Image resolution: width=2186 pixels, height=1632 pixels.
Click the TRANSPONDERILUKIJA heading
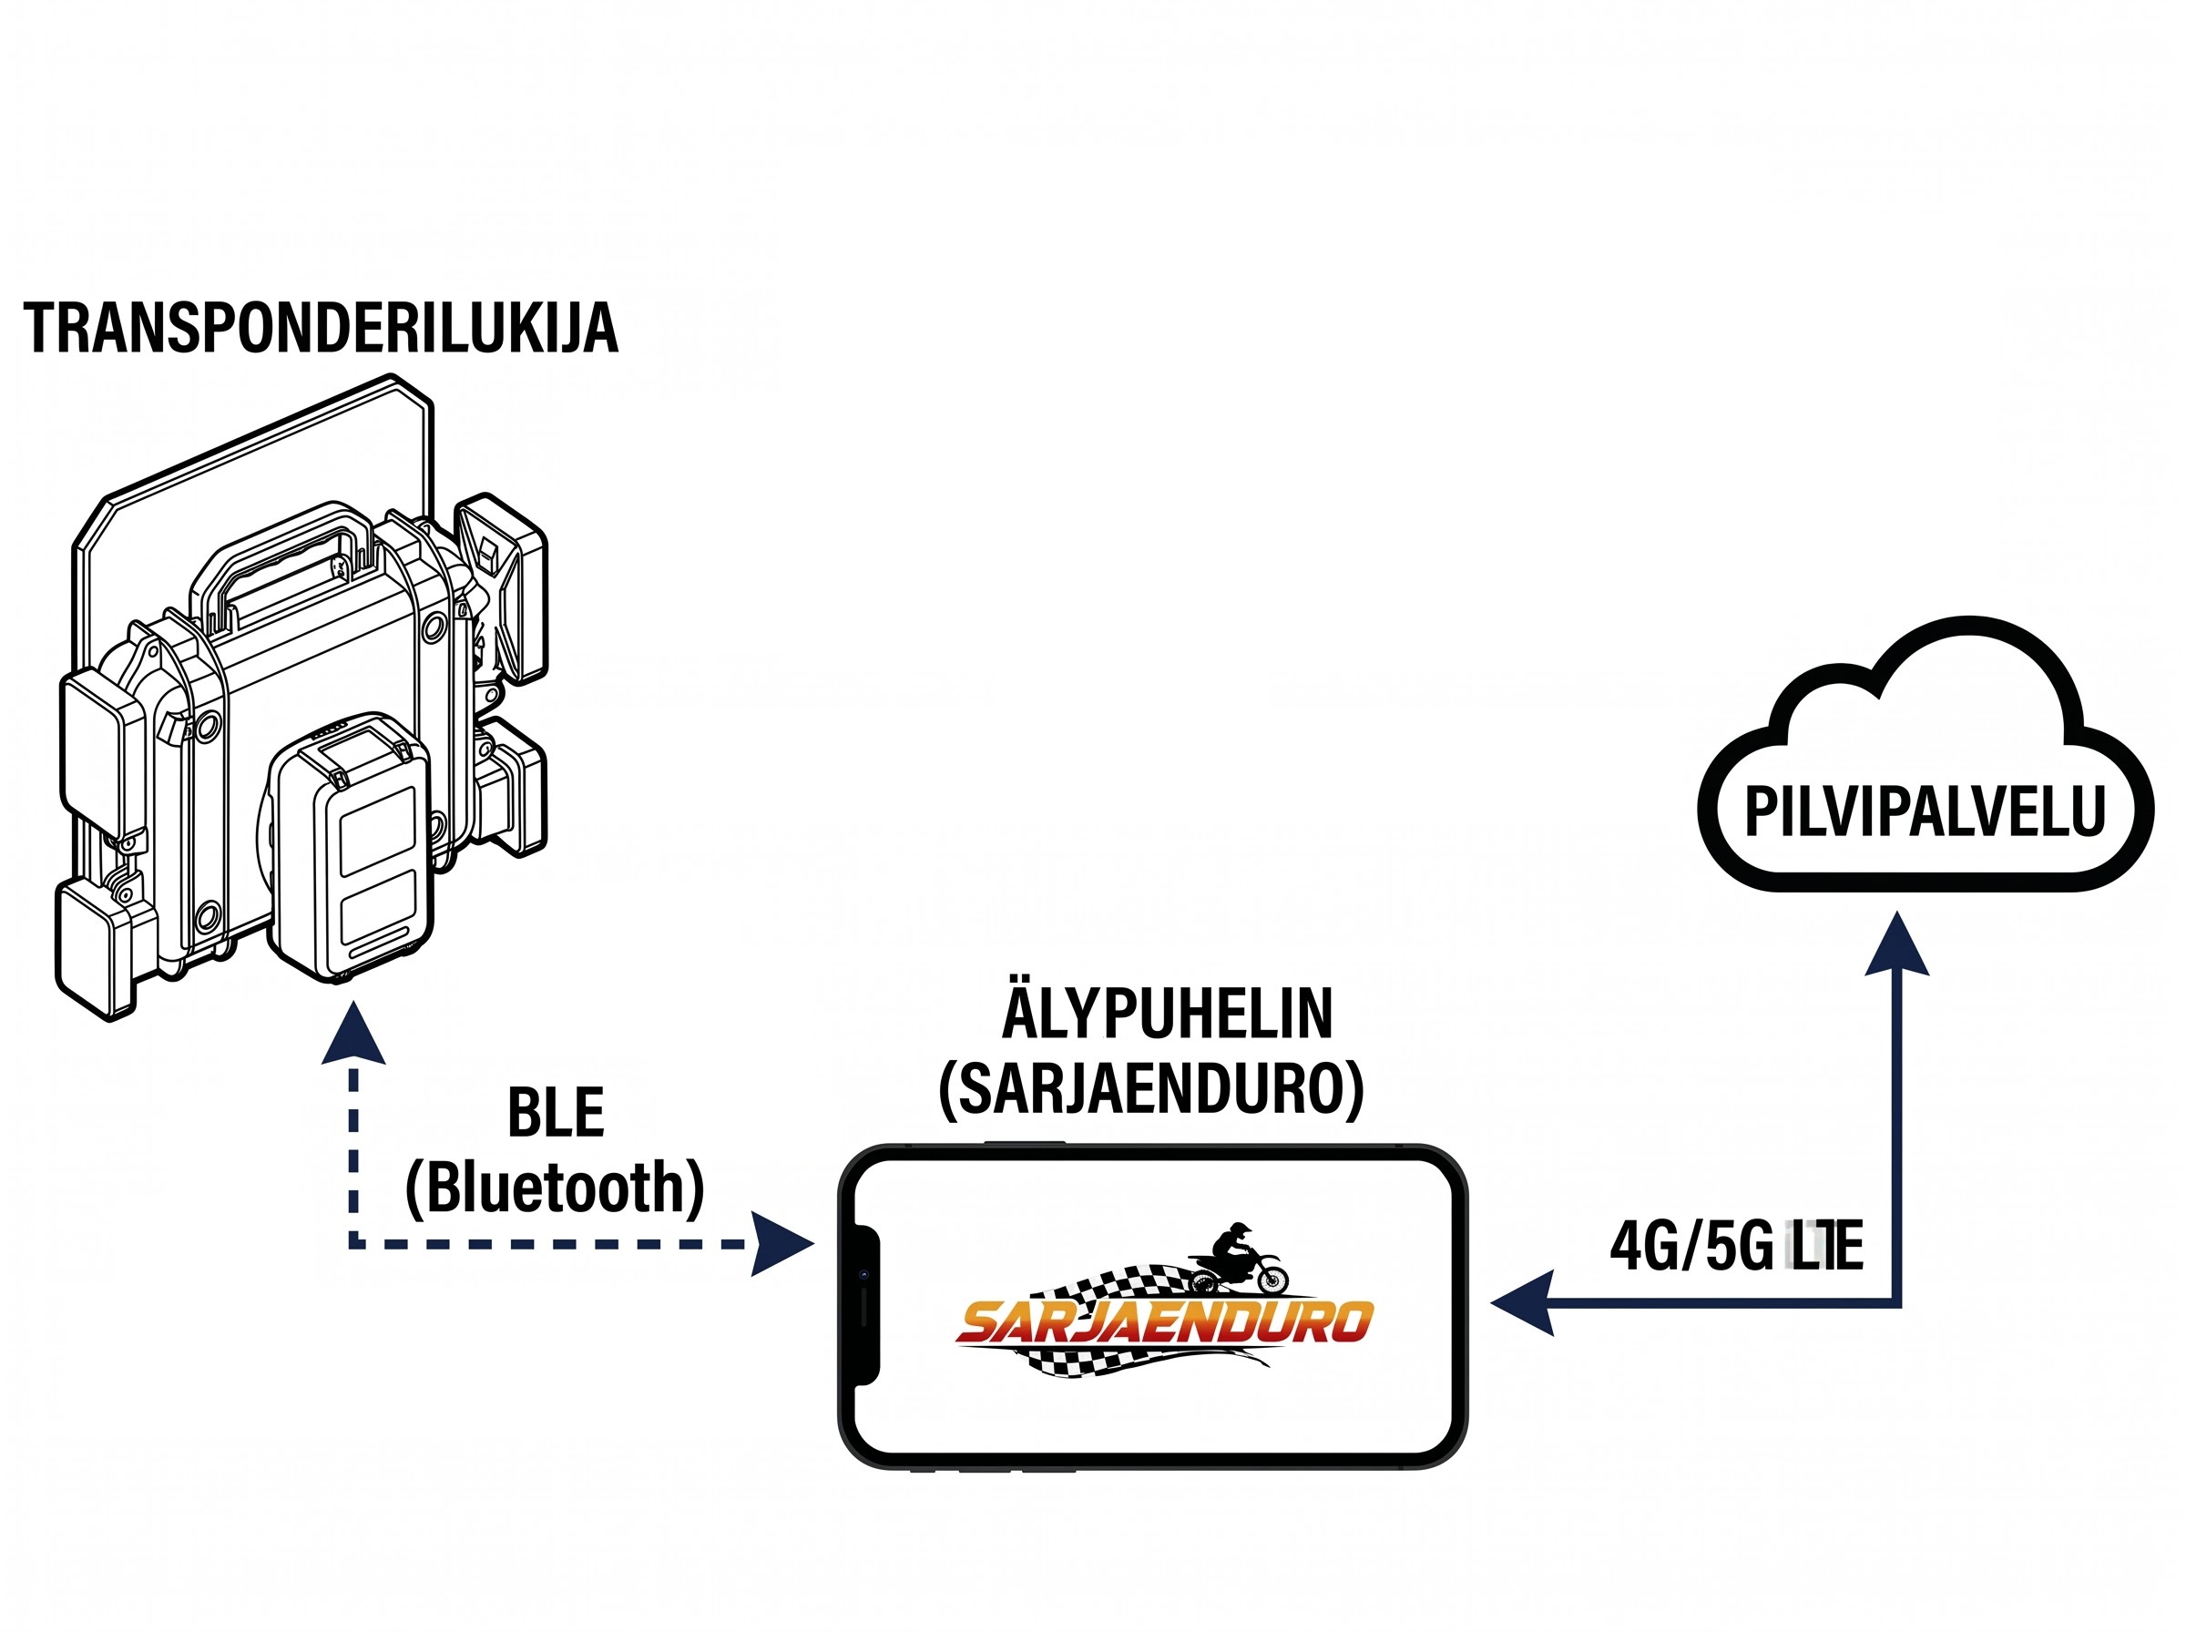point(321,328)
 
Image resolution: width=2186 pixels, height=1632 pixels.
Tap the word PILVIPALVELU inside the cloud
point(1926,812)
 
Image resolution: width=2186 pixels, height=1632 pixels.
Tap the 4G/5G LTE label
point(1735,1246)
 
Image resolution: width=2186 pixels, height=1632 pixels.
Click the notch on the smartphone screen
point(865,1305)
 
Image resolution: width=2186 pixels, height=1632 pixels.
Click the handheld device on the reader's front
point(352,847)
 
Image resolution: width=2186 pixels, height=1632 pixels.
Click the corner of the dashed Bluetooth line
point(353,1244)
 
